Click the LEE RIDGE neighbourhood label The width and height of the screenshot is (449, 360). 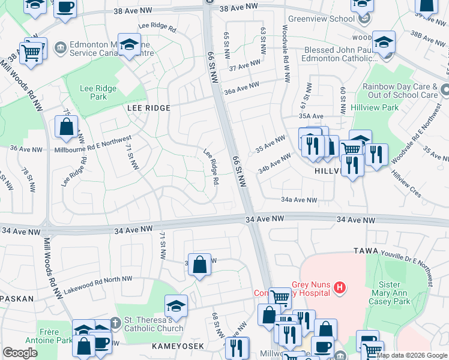(x=148, y=108)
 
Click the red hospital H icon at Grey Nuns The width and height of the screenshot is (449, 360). (x=340, y=289)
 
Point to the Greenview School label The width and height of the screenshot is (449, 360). (x=321, y=19)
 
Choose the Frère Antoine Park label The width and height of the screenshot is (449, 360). (x=42, y=336)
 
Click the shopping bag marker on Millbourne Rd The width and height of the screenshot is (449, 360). (x=66, y=127)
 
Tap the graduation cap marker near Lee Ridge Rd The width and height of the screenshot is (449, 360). (x=129, y=45)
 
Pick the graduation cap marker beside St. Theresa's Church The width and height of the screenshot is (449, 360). (x=176, y=307)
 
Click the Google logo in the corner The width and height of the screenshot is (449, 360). (x=20, y=353)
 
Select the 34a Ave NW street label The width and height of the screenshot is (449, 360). (x=298, y=200)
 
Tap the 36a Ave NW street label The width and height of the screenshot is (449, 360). (x=242, y=87)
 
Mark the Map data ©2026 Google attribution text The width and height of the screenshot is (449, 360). (x=412, y=355)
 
